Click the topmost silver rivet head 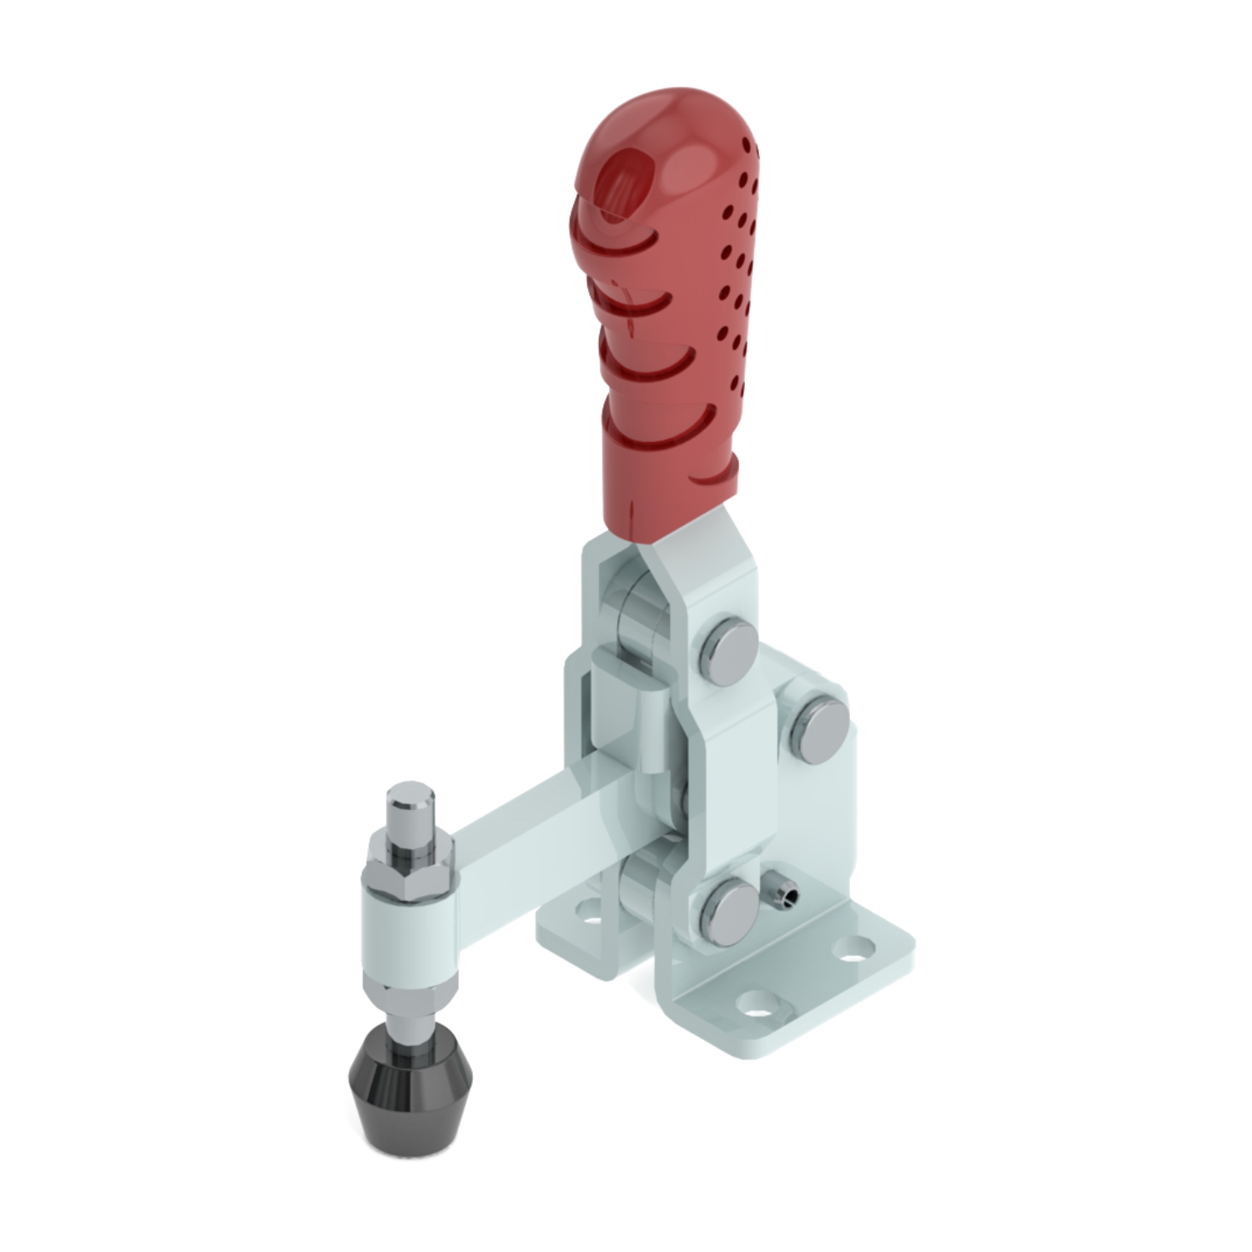[732, 650]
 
